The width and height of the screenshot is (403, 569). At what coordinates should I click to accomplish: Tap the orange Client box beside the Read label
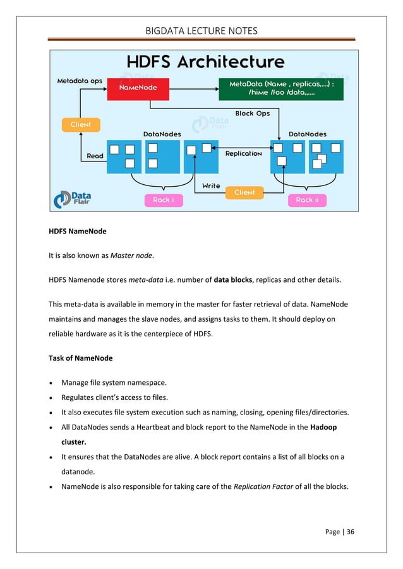(x=81, y=124)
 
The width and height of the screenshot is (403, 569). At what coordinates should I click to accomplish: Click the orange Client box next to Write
(x=244, y=192)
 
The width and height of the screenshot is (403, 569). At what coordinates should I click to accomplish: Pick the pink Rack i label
(x=163, y=200)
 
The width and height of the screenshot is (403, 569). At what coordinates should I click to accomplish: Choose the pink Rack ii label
(x=308, y=200)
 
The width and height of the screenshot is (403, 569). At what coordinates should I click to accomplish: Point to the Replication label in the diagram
(x=243, y=153)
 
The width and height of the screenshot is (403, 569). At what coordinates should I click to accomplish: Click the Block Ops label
(x=253, y=114)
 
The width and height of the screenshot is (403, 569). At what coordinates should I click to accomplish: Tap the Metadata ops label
(x=80, y=81)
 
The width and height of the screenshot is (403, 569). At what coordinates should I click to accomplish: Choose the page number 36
(x=350, y=531)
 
